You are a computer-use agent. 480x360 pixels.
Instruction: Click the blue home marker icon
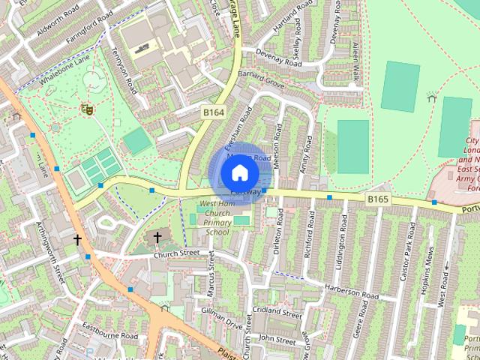coord(238,173)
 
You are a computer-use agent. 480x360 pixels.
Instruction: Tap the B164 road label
coord(214,112)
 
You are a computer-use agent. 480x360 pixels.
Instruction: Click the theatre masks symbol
coord(87,109)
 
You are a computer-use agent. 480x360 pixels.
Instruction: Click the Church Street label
coord(176,253)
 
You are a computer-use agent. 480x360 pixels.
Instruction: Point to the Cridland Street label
coord(277,310)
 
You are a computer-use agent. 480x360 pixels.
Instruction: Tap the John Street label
coord(278,339)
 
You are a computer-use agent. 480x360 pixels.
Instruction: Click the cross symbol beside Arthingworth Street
coord(76,239)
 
